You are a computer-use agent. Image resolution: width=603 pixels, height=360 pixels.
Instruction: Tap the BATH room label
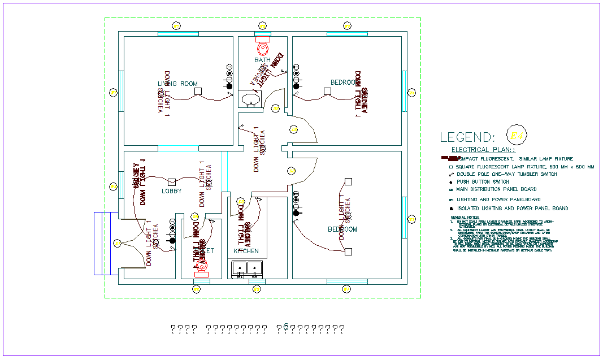(262, 60)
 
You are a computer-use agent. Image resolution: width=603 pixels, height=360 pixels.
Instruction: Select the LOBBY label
(172, 191)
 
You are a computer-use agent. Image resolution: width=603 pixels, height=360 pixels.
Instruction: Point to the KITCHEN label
(246, 250)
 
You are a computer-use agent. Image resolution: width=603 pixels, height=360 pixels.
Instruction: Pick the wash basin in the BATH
(250, 100)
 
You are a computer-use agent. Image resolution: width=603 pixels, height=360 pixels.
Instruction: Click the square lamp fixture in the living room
(198, 91)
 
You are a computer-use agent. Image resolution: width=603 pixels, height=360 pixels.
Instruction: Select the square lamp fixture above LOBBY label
(172, 181)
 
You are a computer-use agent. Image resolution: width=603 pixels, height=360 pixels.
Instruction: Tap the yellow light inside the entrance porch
(117, 243)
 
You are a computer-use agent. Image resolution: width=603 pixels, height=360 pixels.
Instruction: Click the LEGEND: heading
(467, 137)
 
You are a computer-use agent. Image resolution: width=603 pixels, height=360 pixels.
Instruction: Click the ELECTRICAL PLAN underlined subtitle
(483, 150)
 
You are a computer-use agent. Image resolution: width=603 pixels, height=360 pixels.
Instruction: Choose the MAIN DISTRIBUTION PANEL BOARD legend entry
(496, 189)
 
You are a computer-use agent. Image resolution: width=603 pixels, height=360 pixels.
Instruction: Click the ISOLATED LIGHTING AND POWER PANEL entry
(511, 209)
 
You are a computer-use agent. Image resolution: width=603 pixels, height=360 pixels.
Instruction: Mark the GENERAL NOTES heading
(465, 217)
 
